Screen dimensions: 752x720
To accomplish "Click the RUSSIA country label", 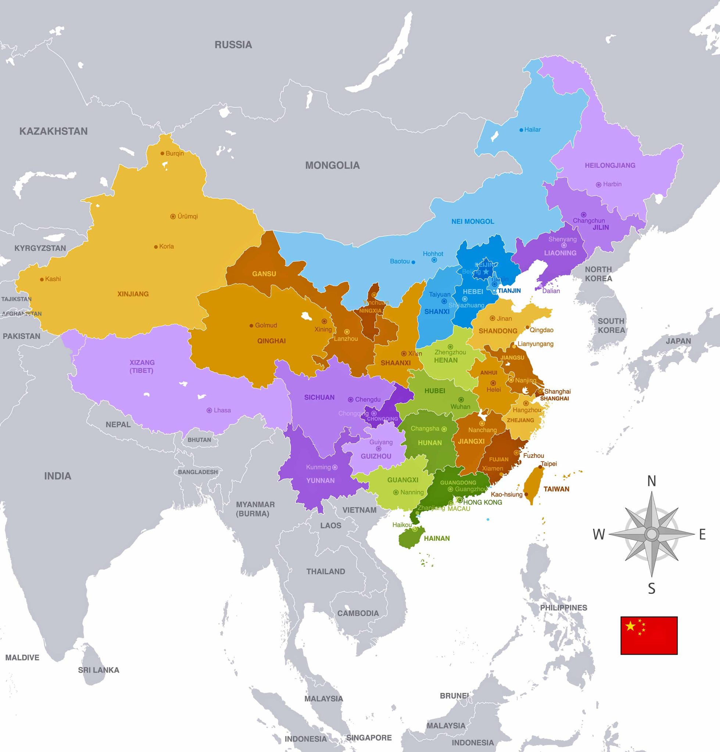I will click(233, 45).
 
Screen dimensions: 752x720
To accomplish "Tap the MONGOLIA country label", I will click(332, 165).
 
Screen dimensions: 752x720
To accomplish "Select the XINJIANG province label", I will click(133, 294).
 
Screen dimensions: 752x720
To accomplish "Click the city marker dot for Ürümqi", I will click(173, 217).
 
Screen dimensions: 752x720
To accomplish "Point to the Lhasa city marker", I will click(209, 410).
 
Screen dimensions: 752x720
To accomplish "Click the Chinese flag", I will click(649, 636).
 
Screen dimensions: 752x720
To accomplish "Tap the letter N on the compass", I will click(651, 481).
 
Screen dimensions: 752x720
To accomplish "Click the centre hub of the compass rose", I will click(651, 534).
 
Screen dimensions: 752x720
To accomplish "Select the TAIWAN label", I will click(556, 489).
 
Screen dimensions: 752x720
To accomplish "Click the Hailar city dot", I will click(521, 130).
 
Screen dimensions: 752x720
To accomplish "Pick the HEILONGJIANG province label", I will click(610, 165).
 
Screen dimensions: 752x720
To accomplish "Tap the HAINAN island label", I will click(437, 538).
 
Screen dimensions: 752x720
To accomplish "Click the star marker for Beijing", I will click(486, 272).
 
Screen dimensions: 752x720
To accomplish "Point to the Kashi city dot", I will click(42, 279).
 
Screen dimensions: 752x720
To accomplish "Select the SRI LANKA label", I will click(98, 670).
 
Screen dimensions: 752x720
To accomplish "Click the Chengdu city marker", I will click(350, 399).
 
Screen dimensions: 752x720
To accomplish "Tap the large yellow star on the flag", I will click(630, 626).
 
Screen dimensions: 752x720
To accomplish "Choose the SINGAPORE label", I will click(369, 737).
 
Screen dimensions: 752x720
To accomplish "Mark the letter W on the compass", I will click(599, 534).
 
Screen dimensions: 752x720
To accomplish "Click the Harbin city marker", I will click(598, 185).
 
